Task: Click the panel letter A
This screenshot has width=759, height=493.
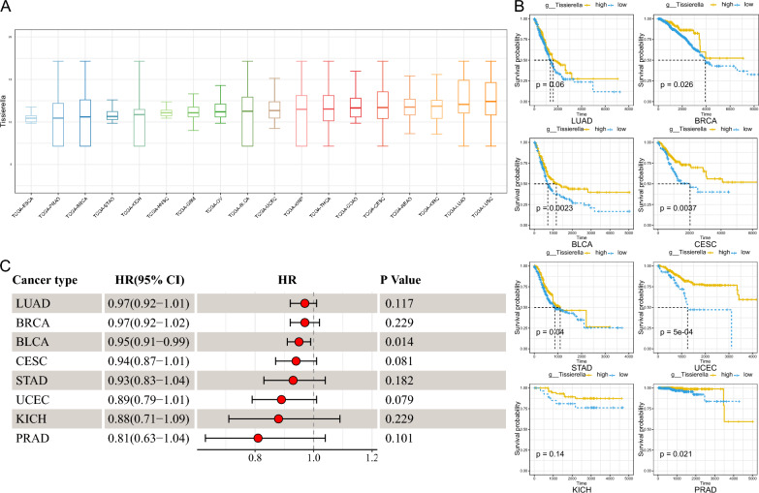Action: pyautogui.click(x=8, y=8)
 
